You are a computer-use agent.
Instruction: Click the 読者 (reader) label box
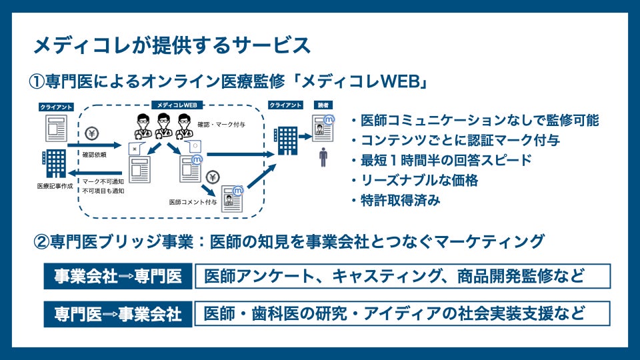pyautogui.click(x=323, y=105)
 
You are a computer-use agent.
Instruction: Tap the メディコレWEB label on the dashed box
pyautogui.click(x=177, y=105)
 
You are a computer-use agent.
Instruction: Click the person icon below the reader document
pyautogui.click(x=323, y=158)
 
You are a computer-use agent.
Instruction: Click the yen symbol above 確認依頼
pyautogui.click(x=92, y=133)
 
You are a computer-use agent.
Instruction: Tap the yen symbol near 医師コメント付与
pyautogui.click(x=212, y=177)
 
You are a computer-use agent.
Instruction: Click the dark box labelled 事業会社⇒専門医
pyautogui.click(x=117, y=276)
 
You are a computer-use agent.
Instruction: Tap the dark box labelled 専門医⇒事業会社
pyautogui.click(x=117, y=313)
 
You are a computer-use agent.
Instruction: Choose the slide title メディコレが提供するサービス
pyautogui.click(x=172, y=45)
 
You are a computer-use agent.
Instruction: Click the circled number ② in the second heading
pyautogui.click(x=41, y=241)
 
